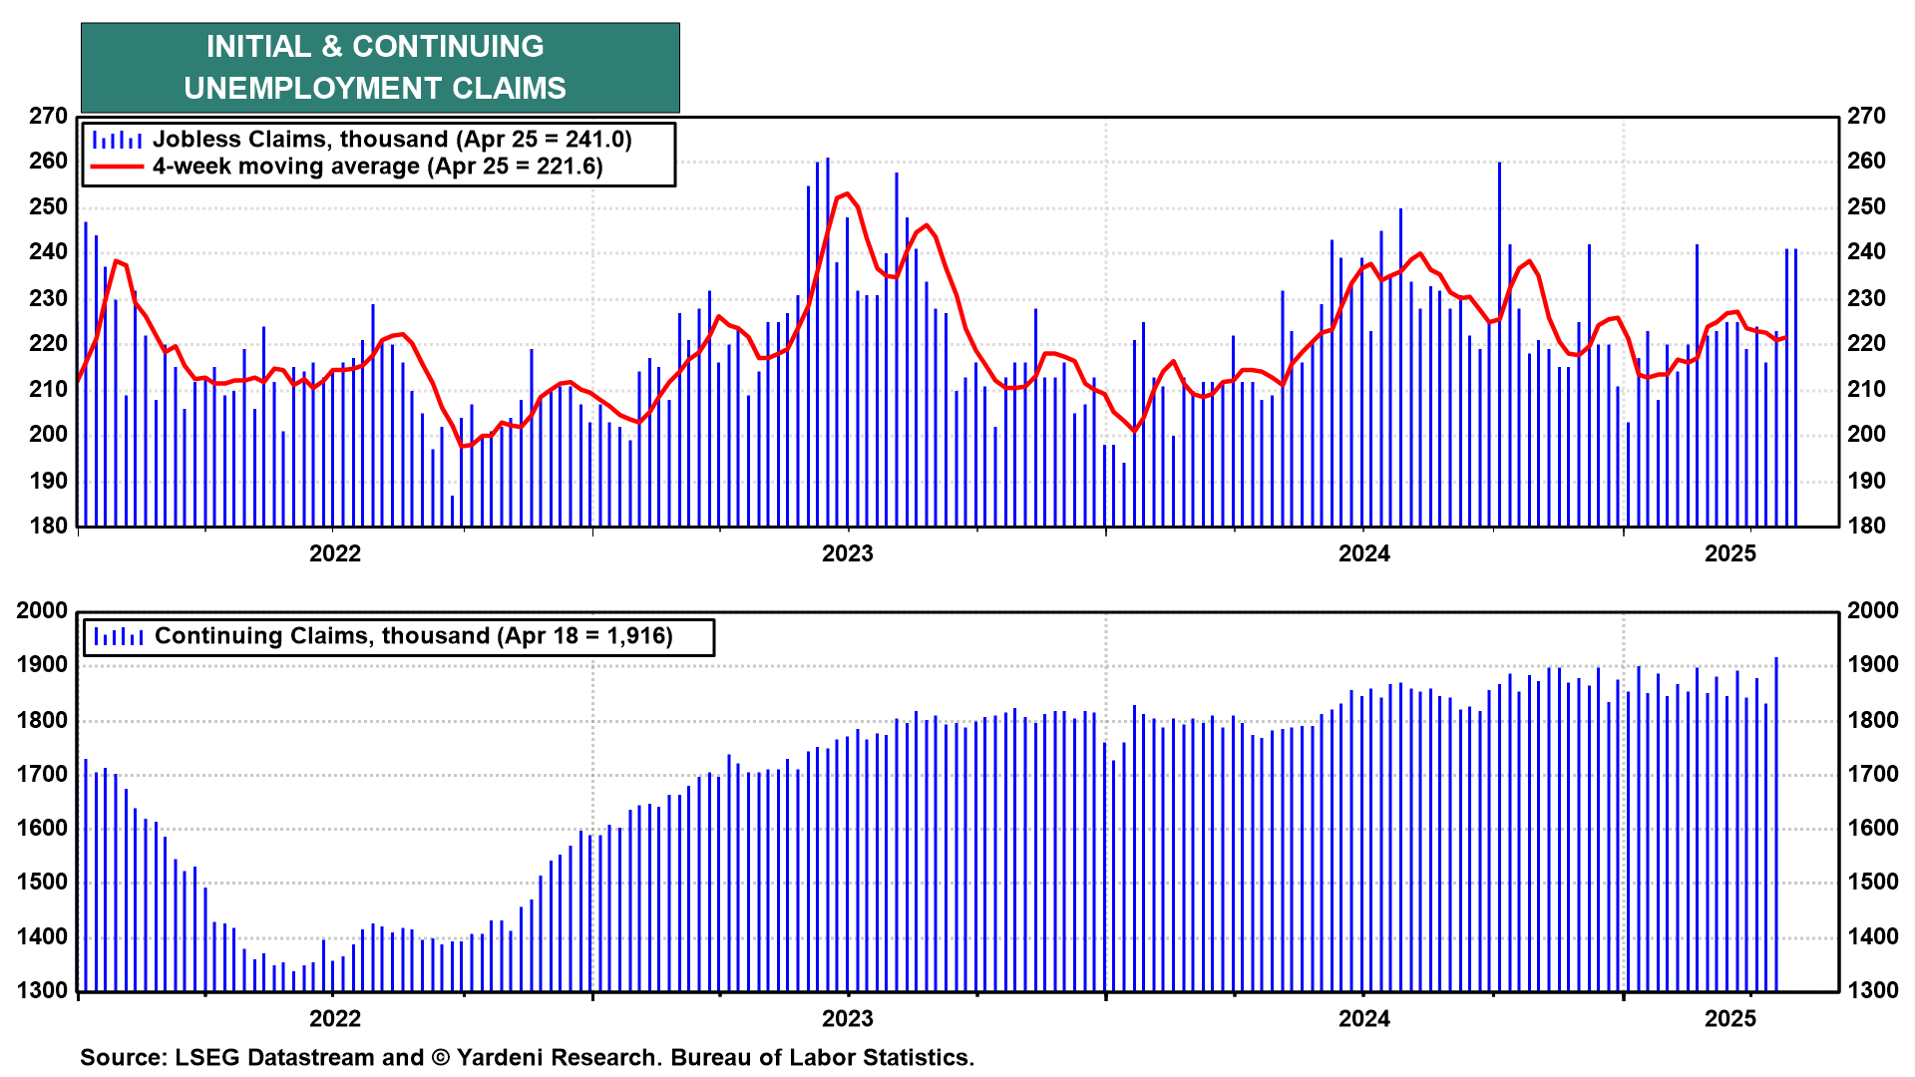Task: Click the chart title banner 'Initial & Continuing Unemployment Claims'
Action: [x=379, y=67]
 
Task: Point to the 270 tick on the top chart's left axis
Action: [x=48, y=117]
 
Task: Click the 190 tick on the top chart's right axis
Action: [x=1866, y=481]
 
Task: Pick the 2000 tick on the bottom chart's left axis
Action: [x=42, y=611]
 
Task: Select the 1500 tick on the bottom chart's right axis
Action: [x=1872, y=883]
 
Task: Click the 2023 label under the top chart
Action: [x=847, y=553]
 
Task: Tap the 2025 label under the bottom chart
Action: [x=1729, y=1018]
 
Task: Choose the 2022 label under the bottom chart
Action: [x=334, y=1018]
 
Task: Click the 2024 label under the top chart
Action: [x=1363, y=553]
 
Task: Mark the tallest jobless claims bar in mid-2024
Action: [x=1499, y=165]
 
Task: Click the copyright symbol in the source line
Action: [x=440, y=1057]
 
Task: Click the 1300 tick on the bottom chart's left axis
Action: [x=42, y=991]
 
